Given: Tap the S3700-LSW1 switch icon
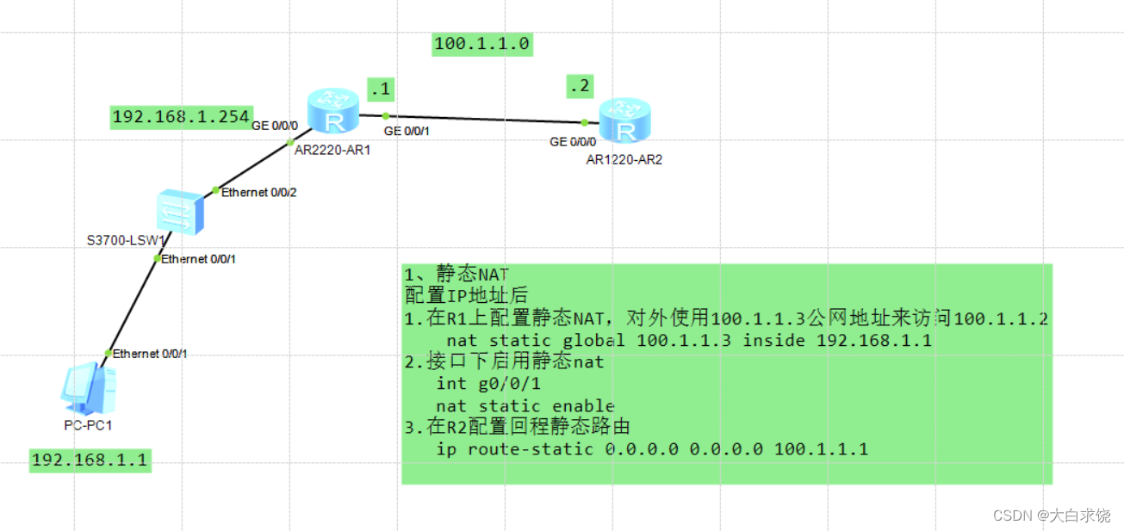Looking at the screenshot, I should [180, 212].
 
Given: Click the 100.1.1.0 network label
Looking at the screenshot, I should [482, 44].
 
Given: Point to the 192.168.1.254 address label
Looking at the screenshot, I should [181, 117].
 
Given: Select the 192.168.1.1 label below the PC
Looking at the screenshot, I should [89, 460].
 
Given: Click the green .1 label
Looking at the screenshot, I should [380, 88].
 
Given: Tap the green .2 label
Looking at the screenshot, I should [581, 86].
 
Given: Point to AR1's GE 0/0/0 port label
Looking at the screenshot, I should [275, 126].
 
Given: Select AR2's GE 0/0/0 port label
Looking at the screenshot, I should [573, 142].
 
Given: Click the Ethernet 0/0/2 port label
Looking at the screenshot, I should [258, 193].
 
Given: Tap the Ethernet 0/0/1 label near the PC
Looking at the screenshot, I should [150, 354].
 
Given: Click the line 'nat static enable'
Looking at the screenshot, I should [525, 406].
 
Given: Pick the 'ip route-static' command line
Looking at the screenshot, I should [652, 449].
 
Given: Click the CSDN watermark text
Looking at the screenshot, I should [1051, 515].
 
